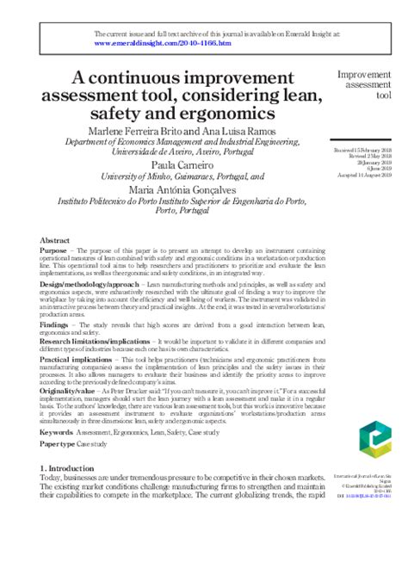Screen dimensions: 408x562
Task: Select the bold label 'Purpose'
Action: pyautogui.click(x=55, y=250)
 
